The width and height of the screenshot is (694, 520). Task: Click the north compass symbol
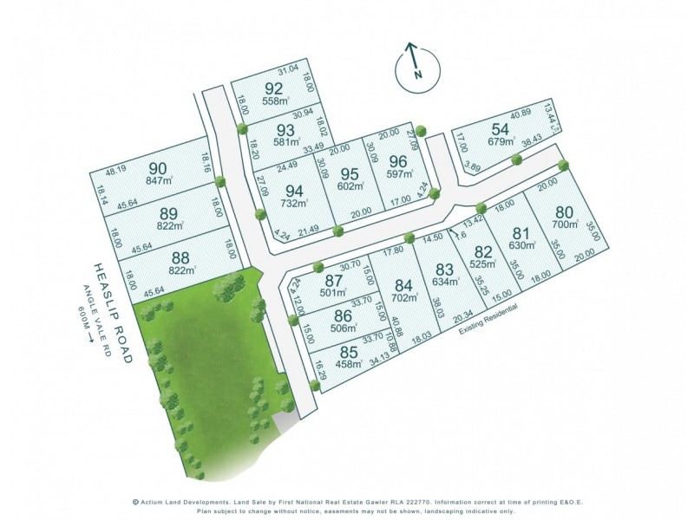pyautogui.click(x=414, y=68)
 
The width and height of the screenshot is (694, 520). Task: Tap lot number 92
pyautogui.click(x=274, y=88)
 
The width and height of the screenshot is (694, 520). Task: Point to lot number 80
pyautogui.click(x=565, y=211)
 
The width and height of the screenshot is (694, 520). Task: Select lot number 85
pyautogui.click(x=349, y=353)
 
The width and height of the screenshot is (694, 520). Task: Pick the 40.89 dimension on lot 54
pyautogui.click(x=520, y=113)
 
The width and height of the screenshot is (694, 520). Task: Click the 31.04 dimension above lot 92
pyautogui.click(x=287, y=69)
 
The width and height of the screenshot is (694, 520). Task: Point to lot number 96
pyautogui.click(x=397, y=161)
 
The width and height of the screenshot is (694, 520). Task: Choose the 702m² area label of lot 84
pyautogui.click(x=403, y=297)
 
